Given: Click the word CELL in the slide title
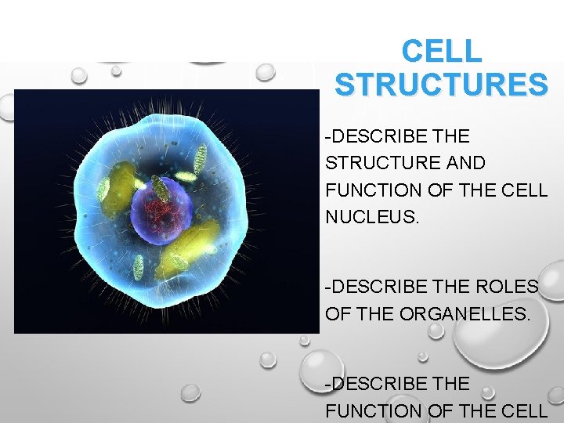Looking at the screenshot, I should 442,52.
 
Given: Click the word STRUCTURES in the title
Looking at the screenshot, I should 442,85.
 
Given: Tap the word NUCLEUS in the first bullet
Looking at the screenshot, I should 372,216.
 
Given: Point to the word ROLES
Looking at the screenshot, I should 508,287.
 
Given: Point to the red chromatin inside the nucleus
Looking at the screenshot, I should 160,208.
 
